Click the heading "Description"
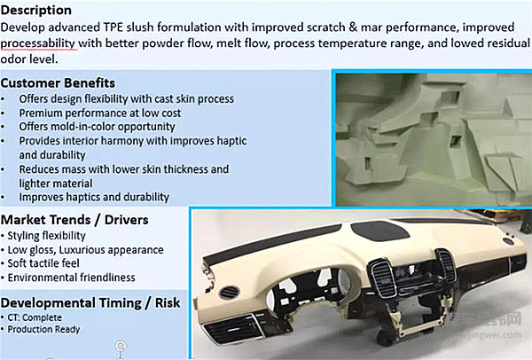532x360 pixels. tap(36, 10)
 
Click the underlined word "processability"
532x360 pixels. tap(37, 43)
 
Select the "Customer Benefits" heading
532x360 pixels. tap(58, 82)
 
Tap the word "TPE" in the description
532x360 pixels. tap(113, 27)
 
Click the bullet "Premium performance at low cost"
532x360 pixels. tap(99, 113)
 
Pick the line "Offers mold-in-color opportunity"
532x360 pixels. tap(97, 127)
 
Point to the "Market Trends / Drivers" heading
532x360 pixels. tap(74, 220)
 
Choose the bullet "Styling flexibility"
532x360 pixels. tap(46, 236)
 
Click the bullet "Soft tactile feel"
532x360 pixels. tap(43, 263)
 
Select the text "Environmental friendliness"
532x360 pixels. tap(71, 278)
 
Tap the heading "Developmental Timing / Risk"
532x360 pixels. tap(90, 302)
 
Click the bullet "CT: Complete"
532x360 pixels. tap(35, 317)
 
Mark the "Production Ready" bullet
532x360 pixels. tap(43, 329)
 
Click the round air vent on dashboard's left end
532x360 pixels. tap(229, 293)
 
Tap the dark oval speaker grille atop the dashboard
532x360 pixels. tap(380, 231)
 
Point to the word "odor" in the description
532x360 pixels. tap(13, 59)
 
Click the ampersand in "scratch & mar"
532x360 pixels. tap(353, 27)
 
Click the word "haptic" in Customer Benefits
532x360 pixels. tap(231, 141)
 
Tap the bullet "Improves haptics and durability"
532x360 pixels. tap(94, 197)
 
